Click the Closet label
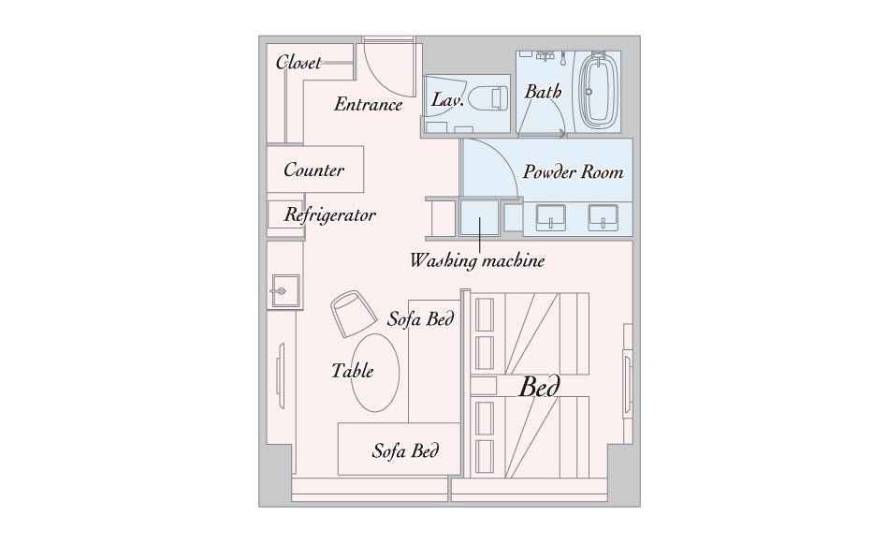298,62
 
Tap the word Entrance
369,104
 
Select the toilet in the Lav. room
487,98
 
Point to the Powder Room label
573,171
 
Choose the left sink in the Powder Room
550,218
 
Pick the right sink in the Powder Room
603,218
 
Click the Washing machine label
477,260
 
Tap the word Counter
314,169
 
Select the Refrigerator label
329,215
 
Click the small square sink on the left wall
285,291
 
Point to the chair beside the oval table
354,314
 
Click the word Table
353,371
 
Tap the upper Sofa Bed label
420,318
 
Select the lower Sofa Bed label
405,450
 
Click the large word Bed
539,387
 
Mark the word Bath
543,91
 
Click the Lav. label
447,100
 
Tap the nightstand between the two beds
484,386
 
